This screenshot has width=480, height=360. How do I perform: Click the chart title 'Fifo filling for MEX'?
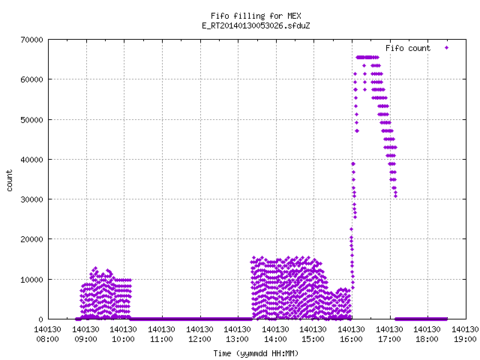tap(256, 16)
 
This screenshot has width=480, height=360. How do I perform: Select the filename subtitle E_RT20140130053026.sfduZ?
tap(256, 25)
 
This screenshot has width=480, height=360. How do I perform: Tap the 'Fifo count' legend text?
tap(408, 48)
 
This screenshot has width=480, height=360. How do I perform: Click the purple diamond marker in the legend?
tap(447, 47)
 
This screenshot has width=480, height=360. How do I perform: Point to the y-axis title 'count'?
tap(10, 181)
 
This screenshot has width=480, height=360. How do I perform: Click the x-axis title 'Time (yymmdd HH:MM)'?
tap(256, 353)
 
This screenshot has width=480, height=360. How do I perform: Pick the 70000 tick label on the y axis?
tap(31, 40)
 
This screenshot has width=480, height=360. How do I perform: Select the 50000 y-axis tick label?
tap(31, 120)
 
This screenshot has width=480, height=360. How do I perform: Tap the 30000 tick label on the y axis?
tap(31, 199)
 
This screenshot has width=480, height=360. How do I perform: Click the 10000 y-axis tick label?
tap(31, 280)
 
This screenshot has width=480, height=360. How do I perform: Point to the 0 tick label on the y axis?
tap(40, 319)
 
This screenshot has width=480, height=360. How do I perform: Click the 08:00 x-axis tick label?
tap(48, 339)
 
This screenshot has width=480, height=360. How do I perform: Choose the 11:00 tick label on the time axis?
tap(162, 339)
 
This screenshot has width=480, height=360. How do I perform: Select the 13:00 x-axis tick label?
tap(238, 339)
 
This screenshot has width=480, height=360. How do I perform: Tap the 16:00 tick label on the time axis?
tap(352, 339)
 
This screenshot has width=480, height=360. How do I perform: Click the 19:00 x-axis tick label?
tap(465, 339)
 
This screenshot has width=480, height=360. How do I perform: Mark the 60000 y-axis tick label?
tap(31, 79)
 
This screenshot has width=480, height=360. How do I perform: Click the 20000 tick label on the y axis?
tap(31, 239)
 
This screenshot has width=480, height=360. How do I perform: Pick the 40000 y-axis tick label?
tap(31, 160)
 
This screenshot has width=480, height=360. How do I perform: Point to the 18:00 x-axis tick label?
tap(427, 339)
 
